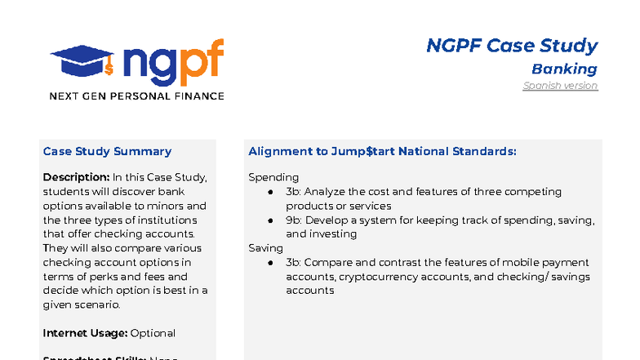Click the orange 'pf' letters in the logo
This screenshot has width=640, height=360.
[x=200, y=60]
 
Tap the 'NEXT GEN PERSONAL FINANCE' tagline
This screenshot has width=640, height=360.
[x=136, y=96]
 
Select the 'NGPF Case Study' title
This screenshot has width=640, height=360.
[x=512, y=46]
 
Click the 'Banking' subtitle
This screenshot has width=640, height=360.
[x=564, y=69]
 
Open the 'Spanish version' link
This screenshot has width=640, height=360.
[x=560, y=86]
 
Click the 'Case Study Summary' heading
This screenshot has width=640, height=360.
[x=107, y=151]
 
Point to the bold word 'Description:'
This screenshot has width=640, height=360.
[x=76, y=177]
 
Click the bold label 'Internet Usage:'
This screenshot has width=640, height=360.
[x=85, y=333]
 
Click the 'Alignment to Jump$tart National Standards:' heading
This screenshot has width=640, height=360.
[x=382, y=151]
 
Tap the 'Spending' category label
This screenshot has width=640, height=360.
[x=273, y=177]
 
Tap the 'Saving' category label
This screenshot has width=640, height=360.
[x=265, y=247]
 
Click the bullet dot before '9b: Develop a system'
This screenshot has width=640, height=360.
[x=270, y=220]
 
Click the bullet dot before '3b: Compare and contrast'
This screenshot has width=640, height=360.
[x=270, y=263]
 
